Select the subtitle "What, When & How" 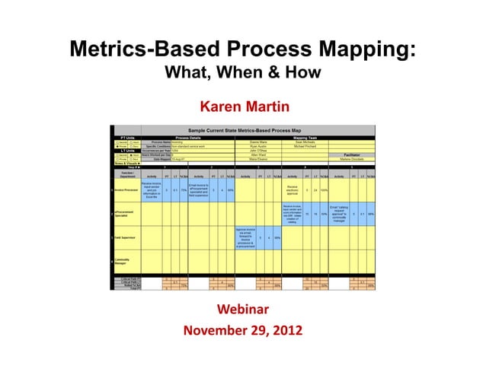(x=242, y=75)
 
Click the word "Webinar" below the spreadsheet (x=242, y=310)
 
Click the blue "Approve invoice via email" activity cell (x=245, y=237)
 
